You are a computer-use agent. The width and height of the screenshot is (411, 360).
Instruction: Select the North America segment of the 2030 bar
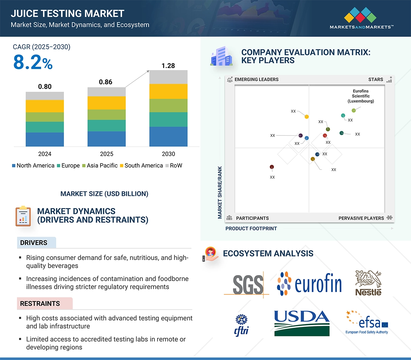(x=168, y=136)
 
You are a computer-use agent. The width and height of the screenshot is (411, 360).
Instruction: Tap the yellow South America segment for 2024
(x=45, y=106)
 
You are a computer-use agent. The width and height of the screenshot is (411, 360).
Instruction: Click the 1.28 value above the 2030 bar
(x=168, y=66)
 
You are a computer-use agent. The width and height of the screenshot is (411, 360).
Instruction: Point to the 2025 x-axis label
(x=106, y=154)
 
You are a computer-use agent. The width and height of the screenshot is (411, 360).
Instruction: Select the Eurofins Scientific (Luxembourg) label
(x=361, y=96)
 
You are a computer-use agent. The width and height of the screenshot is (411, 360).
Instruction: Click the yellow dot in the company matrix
(x=307, y=116)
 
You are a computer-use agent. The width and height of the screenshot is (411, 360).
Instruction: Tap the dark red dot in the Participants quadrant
(x=272, y=167)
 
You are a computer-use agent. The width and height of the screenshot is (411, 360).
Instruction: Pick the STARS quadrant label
(x=376, y=79)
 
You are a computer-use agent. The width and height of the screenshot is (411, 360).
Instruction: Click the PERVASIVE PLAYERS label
(x=361, y=218)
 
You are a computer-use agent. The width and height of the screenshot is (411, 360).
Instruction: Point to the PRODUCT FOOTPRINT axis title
(x=251, y=228)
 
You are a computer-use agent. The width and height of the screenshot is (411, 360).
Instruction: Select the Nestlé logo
(x=368, y=283)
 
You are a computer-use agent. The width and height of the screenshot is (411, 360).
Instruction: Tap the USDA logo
(x=302, y=323)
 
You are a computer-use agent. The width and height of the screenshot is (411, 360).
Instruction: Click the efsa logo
(x=367, y=322)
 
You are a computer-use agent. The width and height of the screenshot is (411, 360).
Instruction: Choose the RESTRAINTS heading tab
(x=40, y=304)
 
